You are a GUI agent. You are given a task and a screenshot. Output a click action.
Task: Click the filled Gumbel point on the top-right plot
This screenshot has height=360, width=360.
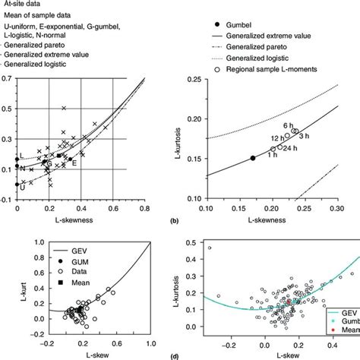pyautogui.click(x=253, y=158)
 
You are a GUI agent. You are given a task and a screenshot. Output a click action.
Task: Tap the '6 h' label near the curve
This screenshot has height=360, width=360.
pyautogui.click(x=289, y=125)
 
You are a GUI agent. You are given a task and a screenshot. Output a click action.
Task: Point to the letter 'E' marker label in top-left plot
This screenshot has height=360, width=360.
pyautogui.click(x=74, y=163)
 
